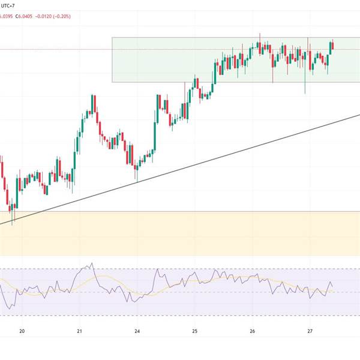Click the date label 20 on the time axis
click(22, 331)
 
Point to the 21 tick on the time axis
click(79, 331)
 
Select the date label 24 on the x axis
click(137, 331)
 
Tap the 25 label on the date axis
click(194, 331)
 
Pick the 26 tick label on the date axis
click(252, 331)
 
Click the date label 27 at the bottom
click(310, 331)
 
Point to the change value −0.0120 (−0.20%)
click(53, 16)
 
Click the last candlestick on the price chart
click(332, 45)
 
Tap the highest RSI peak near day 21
click(92, 262)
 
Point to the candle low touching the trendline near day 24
click(137, 181)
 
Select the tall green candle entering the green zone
click(215, 71)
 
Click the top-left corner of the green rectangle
click(112, 38)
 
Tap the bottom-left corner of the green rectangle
click(112, 82)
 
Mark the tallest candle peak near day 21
click(92, 95)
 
